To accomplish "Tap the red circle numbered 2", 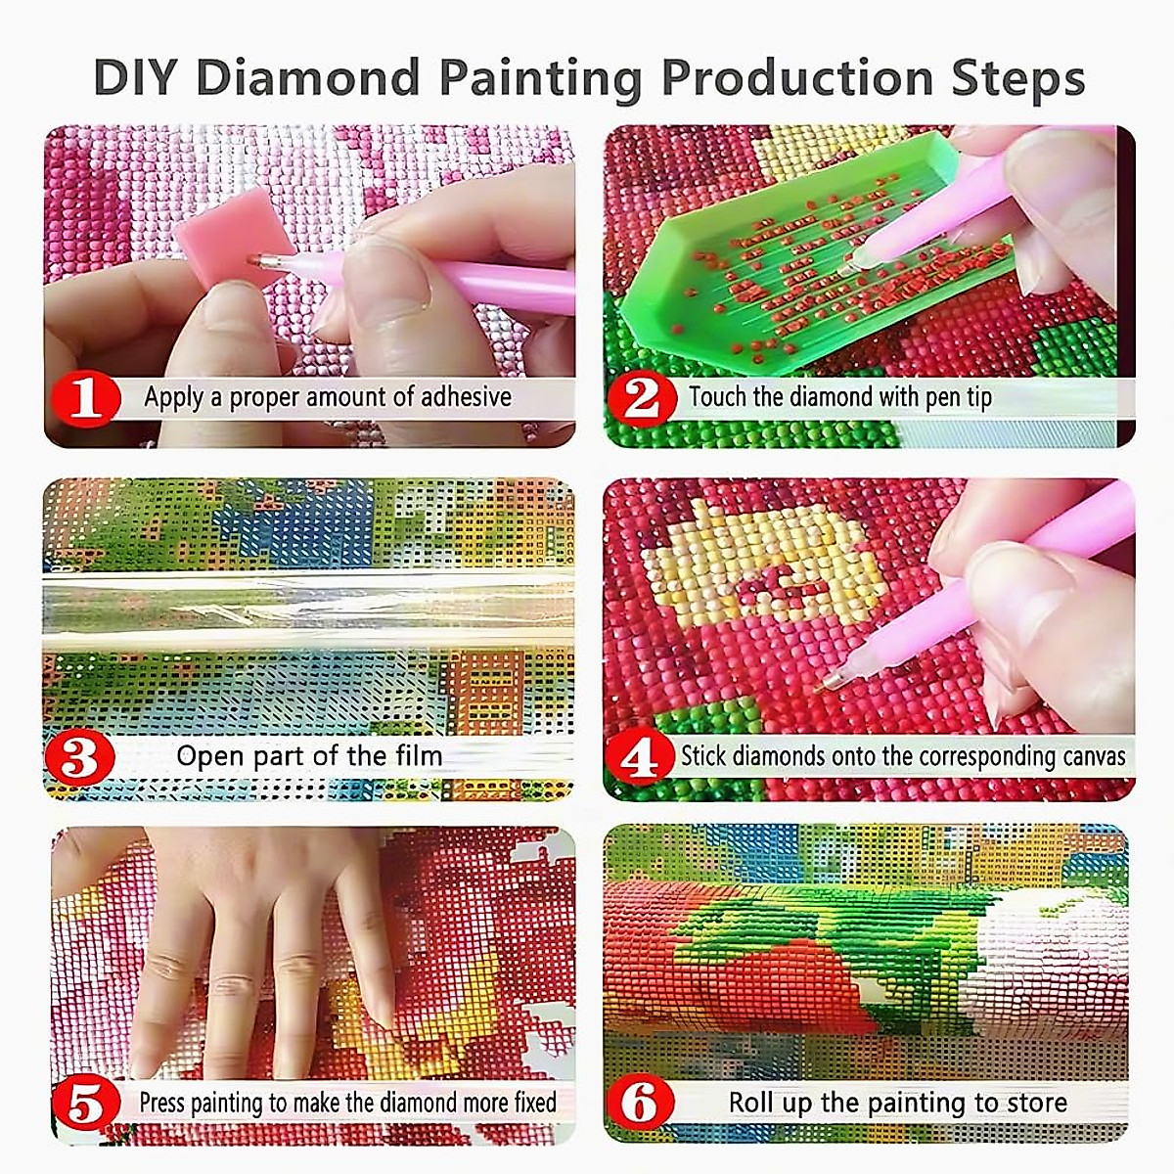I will (642, 398).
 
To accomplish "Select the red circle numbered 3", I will (82, 757).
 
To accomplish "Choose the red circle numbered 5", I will (86, 1104).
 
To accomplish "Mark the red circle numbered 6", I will (641, 1104).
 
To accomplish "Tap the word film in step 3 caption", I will (419, 756).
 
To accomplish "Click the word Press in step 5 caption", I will (161, 1104).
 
